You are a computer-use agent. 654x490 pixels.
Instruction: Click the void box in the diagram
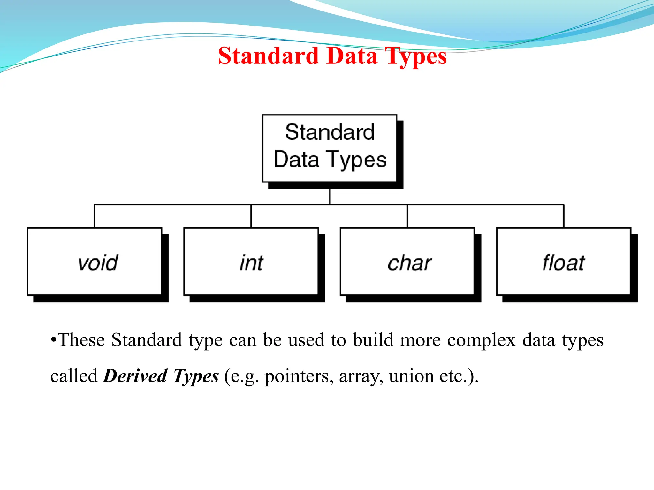click(95, 262)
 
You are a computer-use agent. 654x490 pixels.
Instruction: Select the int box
click(251, 262)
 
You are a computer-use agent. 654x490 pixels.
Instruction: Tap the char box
click(407, 262)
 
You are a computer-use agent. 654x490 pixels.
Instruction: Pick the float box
click(564, 262)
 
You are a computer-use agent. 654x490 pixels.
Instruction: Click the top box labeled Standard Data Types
click(330, 148)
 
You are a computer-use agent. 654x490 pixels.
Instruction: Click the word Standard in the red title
click(268, 56)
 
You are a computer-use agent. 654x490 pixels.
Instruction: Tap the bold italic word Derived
click(135, 376)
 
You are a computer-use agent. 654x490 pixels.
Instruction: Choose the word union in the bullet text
click(411, 376)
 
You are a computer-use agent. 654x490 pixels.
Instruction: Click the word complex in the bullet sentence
click(481, 340)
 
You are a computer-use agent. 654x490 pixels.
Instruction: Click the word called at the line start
click(74, 376)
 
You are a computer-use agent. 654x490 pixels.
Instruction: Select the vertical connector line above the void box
click(95, 216)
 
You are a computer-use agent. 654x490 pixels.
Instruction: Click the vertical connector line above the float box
click(564, 216)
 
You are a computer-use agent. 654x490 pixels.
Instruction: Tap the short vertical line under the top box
click(330, 196)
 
